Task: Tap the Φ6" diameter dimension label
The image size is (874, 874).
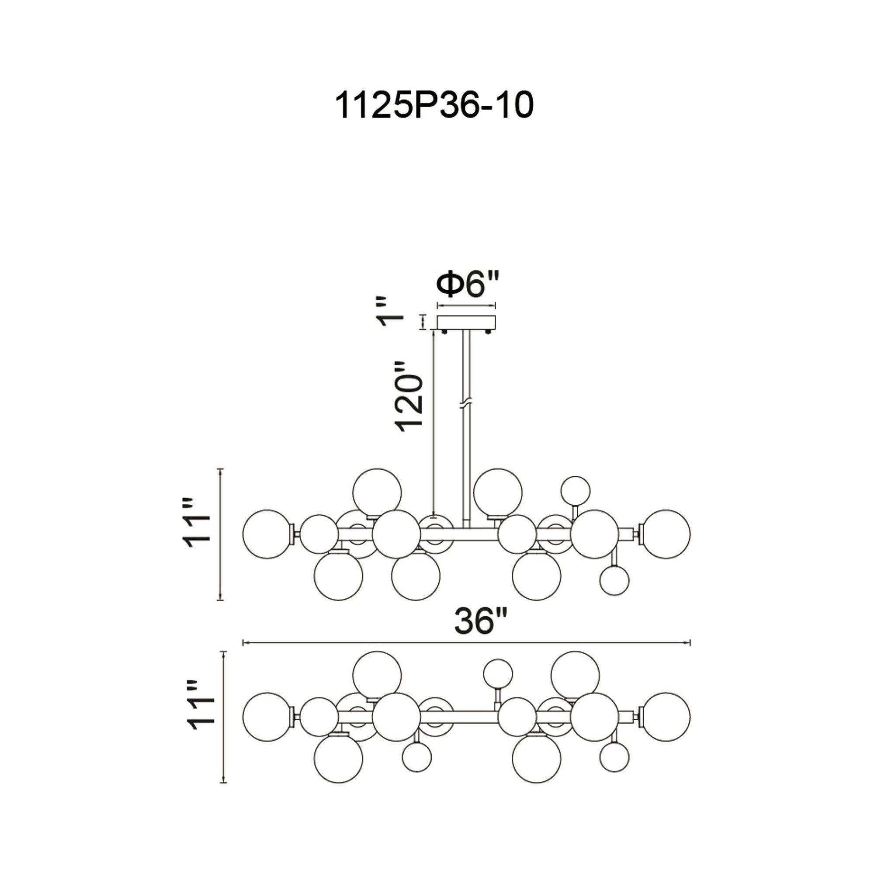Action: click(468, 285)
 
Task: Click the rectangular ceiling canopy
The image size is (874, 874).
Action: click(466, 322)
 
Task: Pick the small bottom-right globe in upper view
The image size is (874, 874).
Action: click(614, 580)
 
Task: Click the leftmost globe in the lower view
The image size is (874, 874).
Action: click(267, 717)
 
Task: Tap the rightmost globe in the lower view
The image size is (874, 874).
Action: click(666, 717)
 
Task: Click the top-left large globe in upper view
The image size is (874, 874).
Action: click(377, 492)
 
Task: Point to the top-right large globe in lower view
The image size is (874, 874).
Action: click(576, 676)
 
